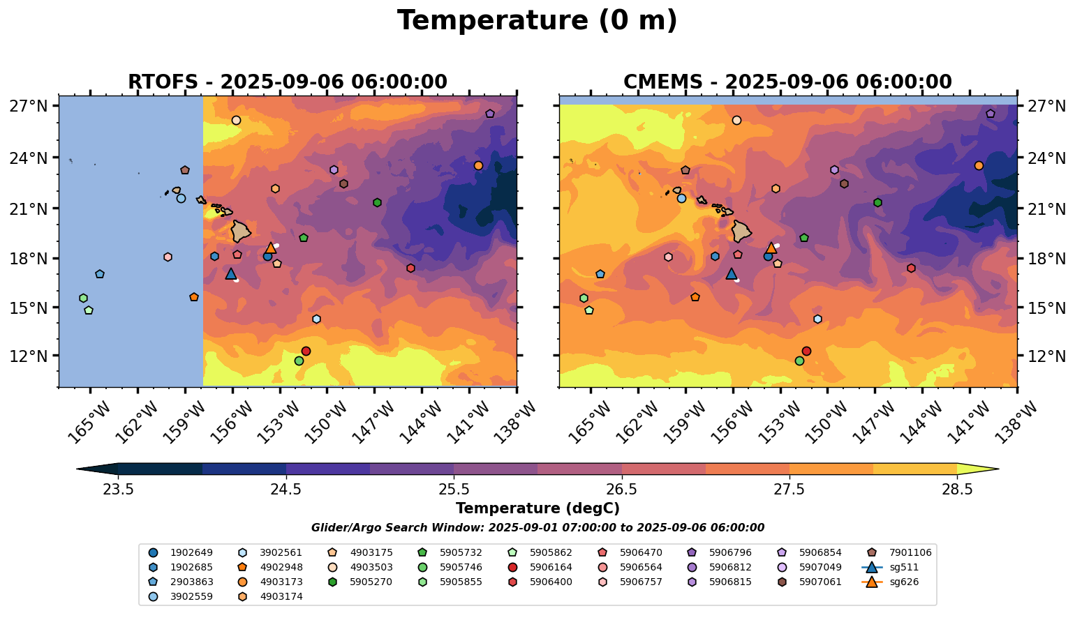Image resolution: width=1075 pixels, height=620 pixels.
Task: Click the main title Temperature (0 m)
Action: click(537, 21)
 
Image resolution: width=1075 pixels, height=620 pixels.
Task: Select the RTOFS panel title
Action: click(287, 82)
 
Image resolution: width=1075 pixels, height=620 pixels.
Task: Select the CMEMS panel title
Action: click(787, 82)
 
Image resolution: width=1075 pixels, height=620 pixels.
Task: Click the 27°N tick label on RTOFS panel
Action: click(29, 107)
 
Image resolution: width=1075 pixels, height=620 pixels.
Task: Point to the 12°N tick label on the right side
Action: click(1046, 356)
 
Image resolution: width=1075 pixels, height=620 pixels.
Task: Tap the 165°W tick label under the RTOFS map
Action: click(84, 422)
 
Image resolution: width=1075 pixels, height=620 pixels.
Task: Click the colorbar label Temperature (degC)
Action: click(537, 508)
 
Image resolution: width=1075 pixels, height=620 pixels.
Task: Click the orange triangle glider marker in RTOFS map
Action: click(271, 248)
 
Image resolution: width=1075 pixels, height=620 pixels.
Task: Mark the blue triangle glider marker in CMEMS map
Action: click(732, 274)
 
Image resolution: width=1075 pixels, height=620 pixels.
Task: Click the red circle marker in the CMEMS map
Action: click(806, 351)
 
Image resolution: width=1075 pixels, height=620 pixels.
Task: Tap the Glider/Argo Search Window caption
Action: click(537, 528)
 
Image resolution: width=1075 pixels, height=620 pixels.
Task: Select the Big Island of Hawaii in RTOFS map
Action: click(241, 230)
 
